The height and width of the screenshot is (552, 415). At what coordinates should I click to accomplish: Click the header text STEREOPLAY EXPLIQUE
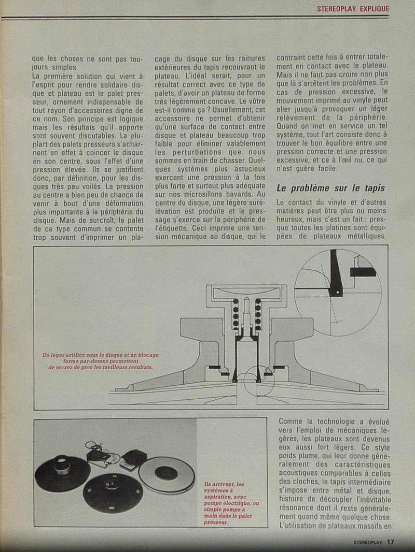click(353, 9)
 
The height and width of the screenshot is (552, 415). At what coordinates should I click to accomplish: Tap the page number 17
click(390, 542)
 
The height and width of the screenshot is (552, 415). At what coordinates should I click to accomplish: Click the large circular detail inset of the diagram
click(338, 292)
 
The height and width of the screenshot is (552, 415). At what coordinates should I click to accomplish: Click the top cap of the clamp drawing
click(246, 293)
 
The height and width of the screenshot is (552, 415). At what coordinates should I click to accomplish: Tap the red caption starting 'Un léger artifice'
click(101, 361)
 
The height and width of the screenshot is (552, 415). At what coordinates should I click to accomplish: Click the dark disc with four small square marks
click(113, 492)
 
